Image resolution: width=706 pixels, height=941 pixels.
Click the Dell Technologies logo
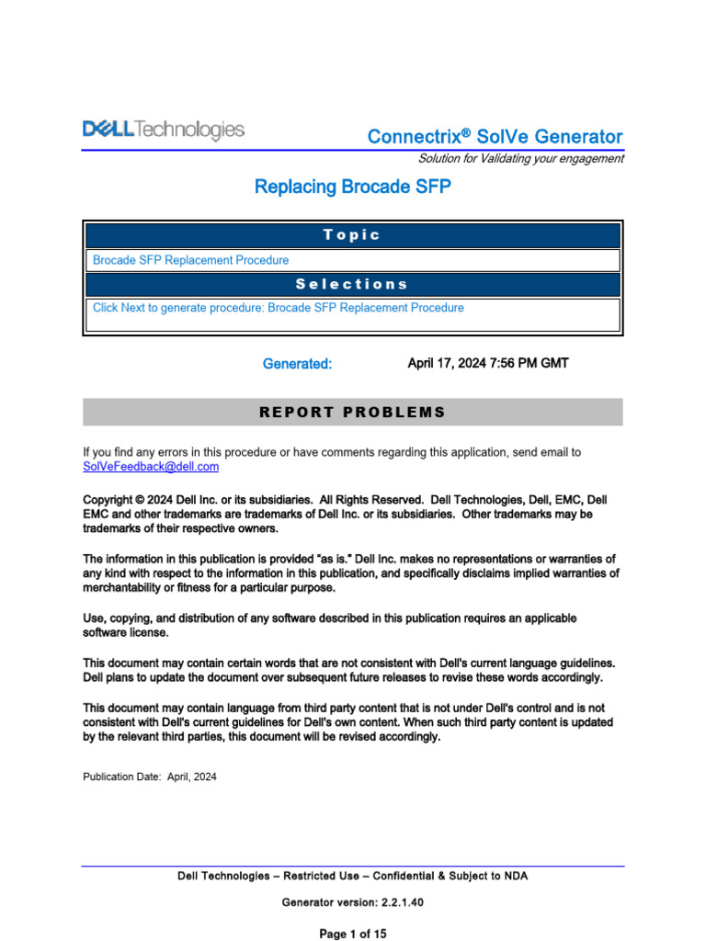(164, 130)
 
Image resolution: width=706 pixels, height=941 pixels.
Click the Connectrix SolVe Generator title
(495, 137)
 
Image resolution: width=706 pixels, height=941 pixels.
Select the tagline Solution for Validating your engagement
(520, 159)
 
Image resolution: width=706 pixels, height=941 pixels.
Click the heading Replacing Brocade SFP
(352, 187)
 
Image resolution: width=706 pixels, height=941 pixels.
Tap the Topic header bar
(352, 235)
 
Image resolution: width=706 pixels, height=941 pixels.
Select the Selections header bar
(352, 285)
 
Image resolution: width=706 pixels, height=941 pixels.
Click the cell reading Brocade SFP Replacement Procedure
(190, 260)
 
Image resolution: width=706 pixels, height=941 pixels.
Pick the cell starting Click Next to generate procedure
(278, 308)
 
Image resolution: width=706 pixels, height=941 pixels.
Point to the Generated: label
(297, 364)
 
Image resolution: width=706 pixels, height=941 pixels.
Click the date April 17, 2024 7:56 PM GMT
(487, 363)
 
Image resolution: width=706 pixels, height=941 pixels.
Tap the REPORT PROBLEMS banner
(352, 412)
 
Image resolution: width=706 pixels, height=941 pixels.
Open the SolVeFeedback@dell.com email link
(151, 467)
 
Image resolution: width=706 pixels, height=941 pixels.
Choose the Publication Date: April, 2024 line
(150, 777)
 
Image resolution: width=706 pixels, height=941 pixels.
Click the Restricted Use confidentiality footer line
(352, 877)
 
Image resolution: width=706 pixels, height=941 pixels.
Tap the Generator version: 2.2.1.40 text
(352, 903)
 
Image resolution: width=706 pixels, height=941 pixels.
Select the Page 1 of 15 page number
(352, 934)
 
